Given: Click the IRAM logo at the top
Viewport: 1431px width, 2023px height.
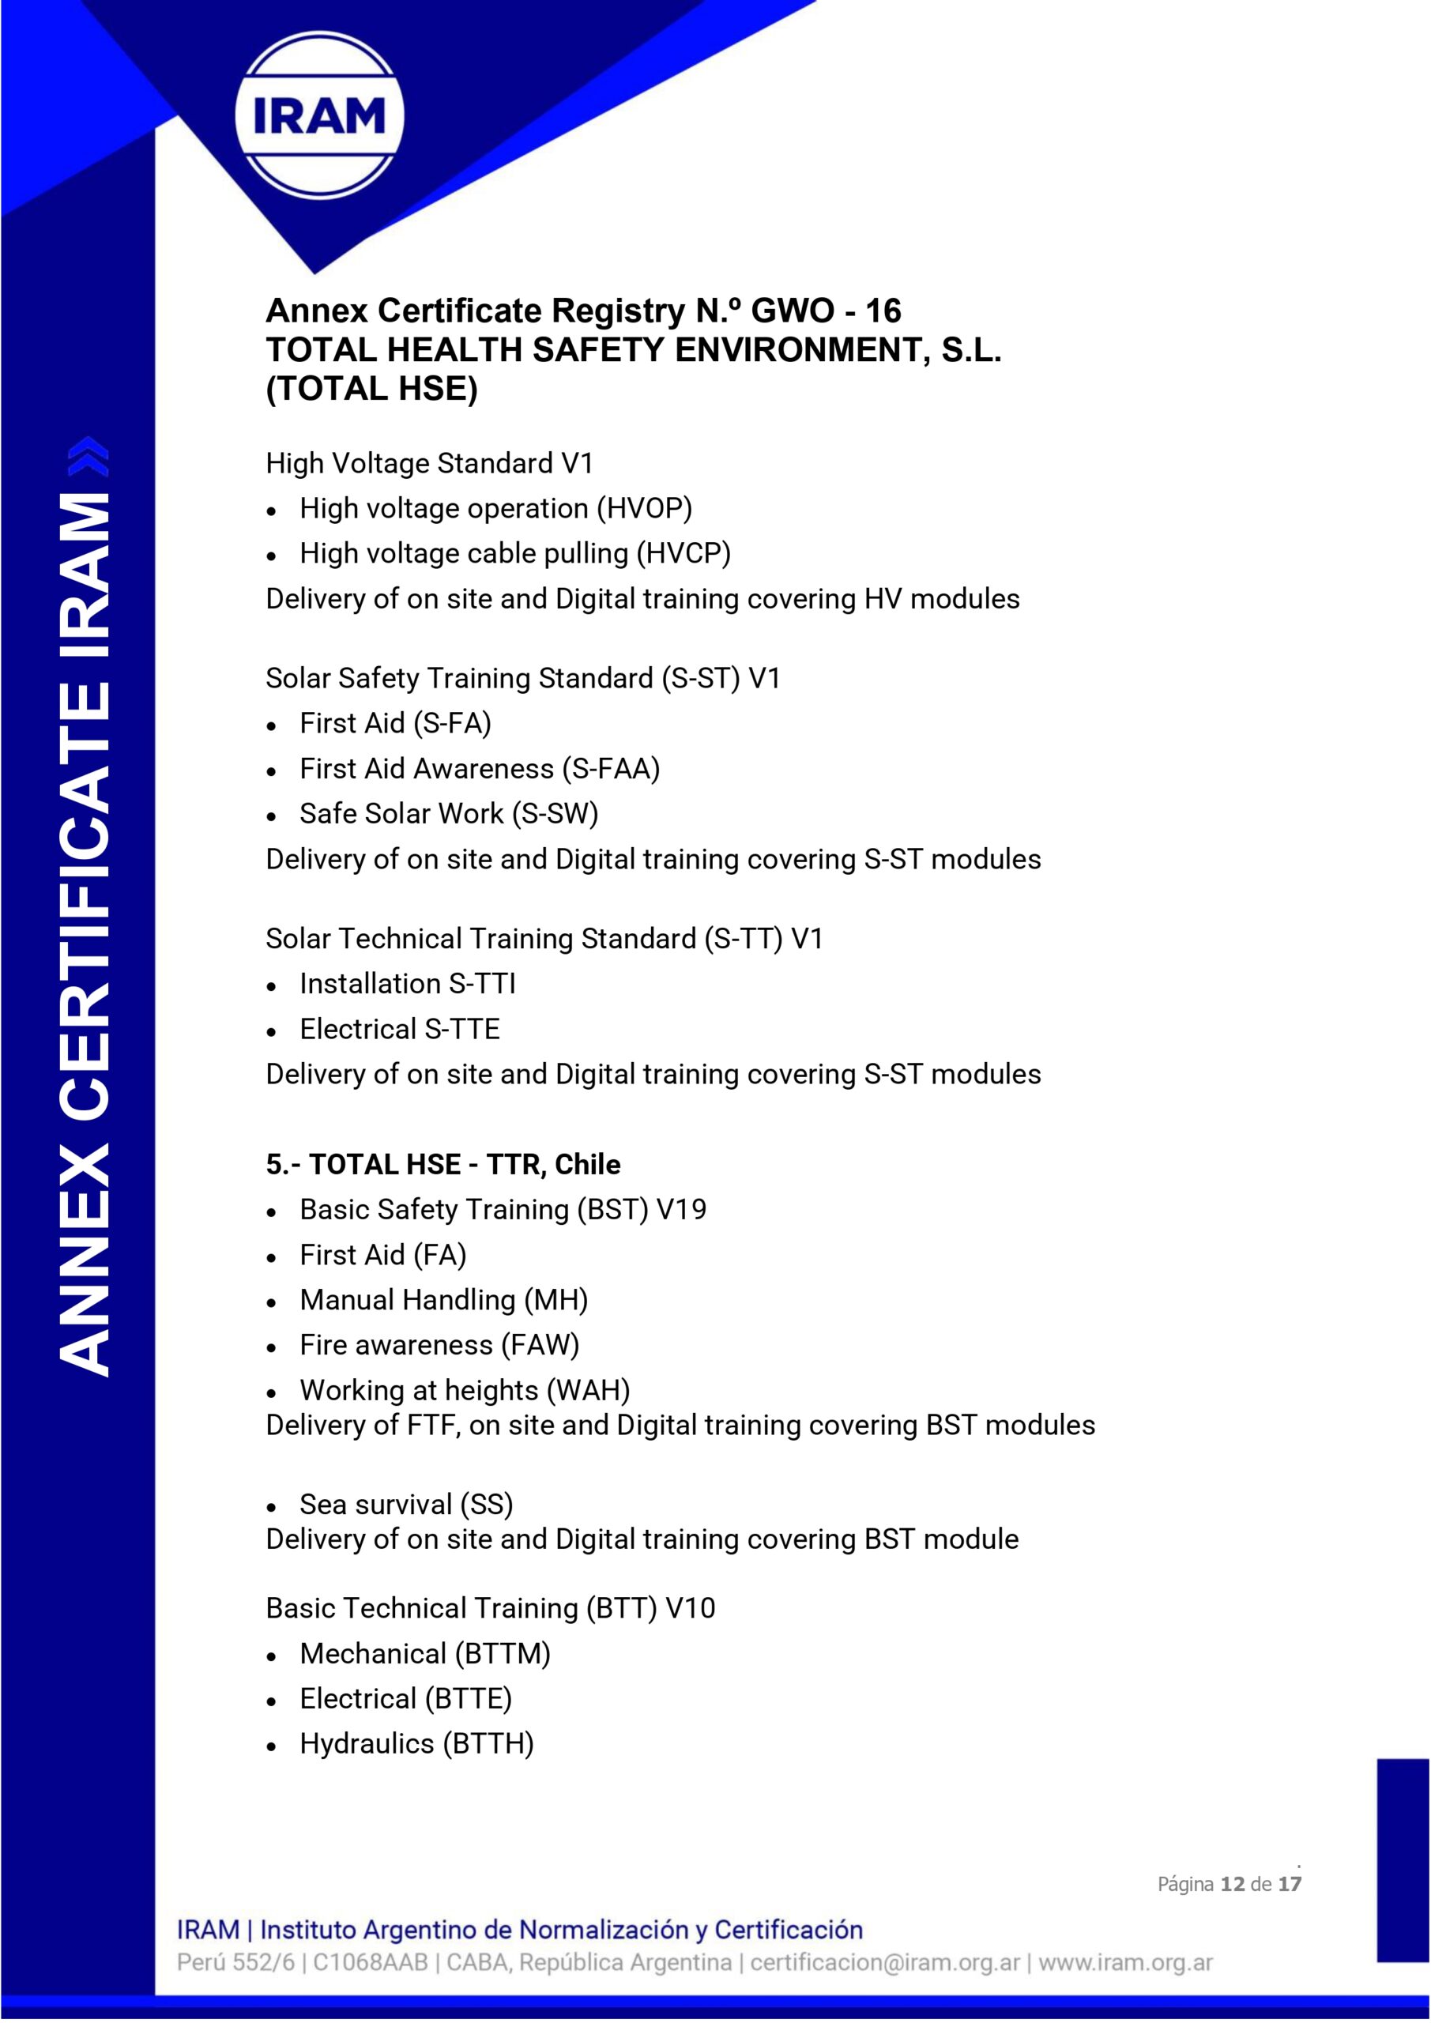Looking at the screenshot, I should click(x=319, y=115).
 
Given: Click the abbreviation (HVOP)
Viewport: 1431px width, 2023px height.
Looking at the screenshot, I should click(x=644, y=508).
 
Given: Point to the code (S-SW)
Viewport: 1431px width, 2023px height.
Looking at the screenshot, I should click(x=554, y=814).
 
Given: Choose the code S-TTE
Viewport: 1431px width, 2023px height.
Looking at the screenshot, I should click(x=461, y=1029).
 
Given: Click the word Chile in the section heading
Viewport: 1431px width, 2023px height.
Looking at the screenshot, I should click(x=587, y=1165).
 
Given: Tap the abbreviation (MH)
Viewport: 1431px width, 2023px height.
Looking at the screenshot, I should click(x=555, y=1301).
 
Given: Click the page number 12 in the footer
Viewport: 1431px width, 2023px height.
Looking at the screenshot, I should click(x=1232, y=1884).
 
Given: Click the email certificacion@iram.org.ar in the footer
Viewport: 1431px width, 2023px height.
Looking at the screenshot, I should click(x=885, y=1962).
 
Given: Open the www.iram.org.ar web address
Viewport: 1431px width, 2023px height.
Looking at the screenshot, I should click(x=1125, y=1962).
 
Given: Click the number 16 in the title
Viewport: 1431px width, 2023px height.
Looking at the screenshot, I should click(x=883, y=311).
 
